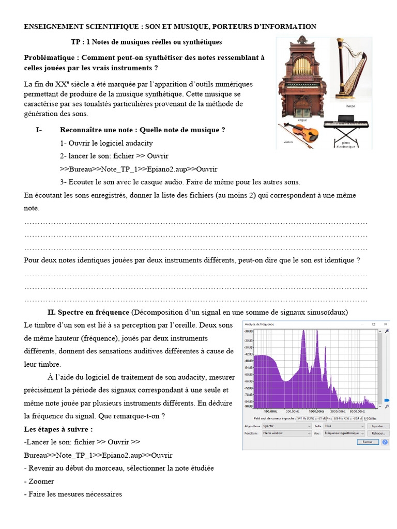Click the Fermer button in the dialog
pos(368,442)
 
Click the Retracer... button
pos(378,433)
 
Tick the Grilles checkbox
pos(367,418)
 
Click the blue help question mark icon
pos(385,442)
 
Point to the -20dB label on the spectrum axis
pos(249,331)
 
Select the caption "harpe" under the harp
pos(350,106)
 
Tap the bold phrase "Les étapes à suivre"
pos(58,429)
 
